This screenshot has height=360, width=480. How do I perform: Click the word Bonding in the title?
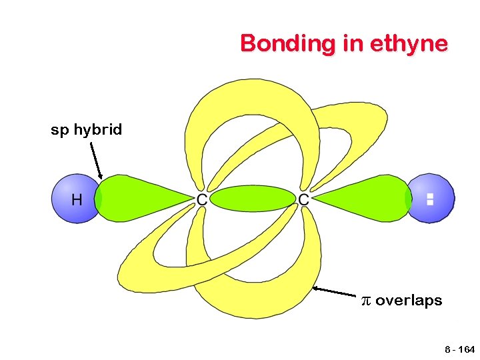point(273,44)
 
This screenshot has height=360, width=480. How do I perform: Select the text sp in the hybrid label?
point(59,130)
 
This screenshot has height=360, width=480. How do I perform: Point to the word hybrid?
point(97,130)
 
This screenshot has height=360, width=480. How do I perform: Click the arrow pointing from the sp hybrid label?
point(95,160)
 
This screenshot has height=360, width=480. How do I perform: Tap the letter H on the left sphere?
point(76,199)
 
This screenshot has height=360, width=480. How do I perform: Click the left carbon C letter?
point(201,199)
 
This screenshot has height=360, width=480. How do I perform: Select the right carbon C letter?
point(303,199)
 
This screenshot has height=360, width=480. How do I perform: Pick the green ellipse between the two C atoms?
point(253,198)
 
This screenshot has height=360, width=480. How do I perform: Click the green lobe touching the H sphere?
point(137,197)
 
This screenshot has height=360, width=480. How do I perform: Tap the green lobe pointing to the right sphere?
point(367,198)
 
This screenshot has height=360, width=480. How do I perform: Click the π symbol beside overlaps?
point(365,301)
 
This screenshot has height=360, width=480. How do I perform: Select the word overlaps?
point(408,301)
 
